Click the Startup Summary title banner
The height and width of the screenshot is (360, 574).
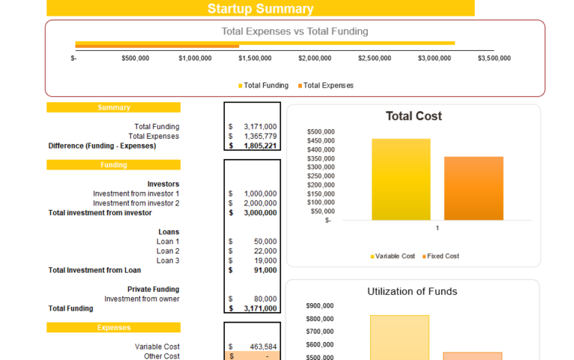tap(260, 9)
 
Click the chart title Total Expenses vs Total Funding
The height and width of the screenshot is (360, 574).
tap(294, 31)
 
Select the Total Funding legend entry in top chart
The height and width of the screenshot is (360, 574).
tap(263, 86)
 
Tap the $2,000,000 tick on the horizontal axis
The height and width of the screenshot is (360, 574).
tap(314, 58)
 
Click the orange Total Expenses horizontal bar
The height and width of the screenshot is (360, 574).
tap(157, 47)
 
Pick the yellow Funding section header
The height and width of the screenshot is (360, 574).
tap(114, 165)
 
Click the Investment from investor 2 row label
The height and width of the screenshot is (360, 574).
tap(136, 203)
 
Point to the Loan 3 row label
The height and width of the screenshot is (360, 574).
tap(167, 261)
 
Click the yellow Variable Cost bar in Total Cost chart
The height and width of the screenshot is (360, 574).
tap(401, 179)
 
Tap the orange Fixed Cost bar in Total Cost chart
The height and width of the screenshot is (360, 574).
tap(473, 188)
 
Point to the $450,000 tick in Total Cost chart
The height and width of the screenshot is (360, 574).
tap(321, 140)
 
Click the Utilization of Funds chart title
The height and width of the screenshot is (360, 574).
tap(412, 291)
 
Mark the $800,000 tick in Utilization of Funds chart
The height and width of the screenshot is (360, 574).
tap(320, 318)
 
